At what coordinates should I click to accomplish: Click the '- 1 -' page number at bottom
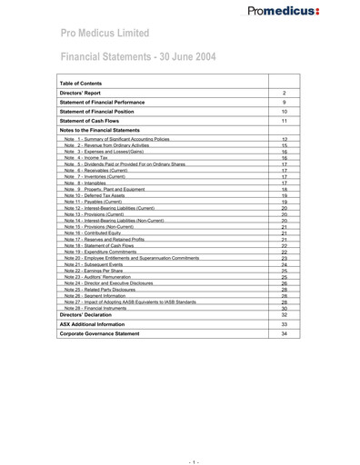[x=180, y=451]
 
